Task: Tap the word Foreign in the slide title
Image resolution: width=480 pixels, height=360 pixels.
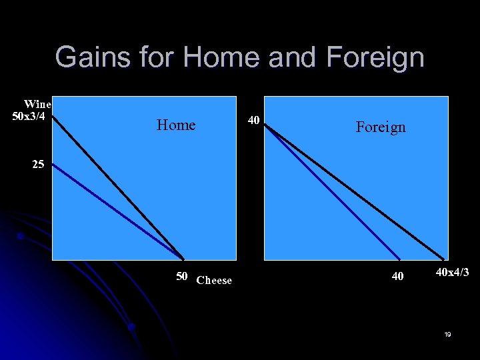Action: pyautogui.click(x=375, y=57)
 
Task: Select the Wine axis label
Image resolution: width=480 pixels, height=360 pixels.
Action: pyautogui.click(x=37, y=104)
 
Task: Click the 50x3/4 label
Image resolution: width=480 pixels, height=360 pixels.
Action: pyautogui.click(x=29, y=116)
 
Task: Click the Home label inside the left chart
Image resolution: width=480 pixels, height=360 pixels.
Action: pyautogui.click(x=176, y=125)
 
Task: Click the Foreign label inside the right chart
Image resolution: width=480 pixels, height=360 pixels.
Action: pyautogui.click(x=380, y=127)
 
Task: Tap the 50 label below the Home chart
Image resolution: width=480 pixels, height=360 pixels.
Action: pyautogui.click(x=181, y=277)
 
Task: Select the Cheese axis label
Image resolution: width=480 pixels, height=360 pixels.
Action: pyautogui.click(x=214, y=281)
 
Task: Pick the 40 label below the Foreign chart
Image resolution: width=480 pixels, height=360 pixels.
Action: pyautogui.click(x=397, y=276)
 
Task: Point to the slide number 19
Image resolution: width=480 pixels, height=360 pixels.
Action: pyautogui.click(x=447, y=334)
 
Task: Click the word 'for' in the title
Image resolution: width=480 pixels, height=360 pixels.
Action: pyautogui.click(x=156, y=57)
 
